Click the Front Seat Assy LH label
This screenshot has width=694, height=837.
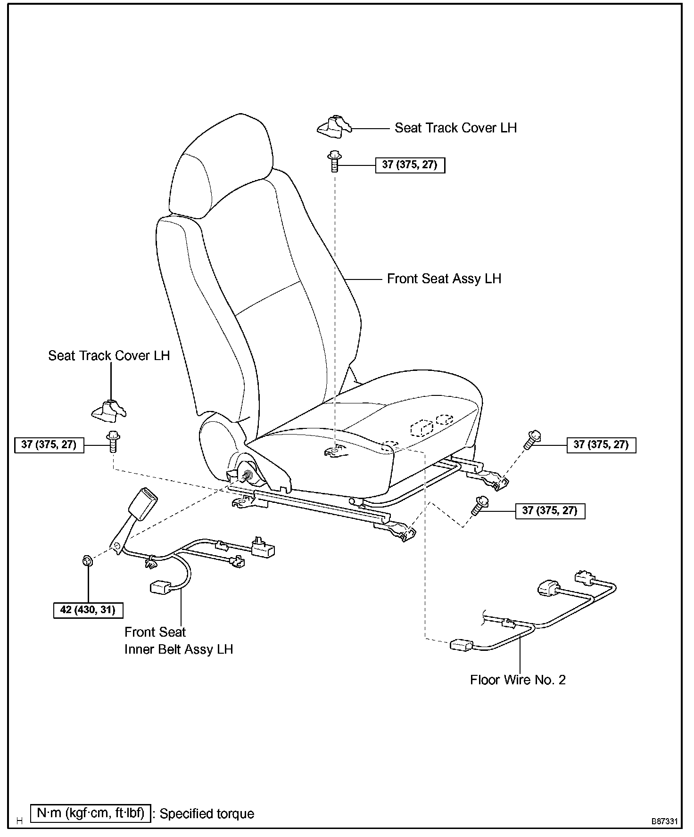(444, 279)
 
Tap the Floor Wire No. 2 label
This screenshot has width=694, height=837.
(518, 680)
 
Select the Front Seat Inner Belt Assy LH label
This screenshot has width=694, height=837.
(178, 640)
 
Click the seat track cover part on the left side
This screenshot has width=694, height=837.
(108, 410)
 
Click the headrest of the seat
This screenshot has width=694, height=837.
(222, 165)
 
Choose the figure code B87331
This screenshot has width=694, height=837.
(665, 821)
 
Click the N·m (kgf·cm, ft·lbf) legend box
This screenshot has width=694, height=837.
(91, 813)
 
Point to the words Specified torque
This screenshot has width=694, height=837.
(207, 814)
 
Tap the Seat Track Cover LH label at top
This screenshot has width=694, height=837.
(455, 128)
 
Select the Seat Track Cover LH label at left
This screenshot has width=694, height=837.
(109, 355)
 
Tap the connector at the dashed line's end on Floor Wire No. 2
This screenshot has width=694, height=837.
(461, 645)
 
